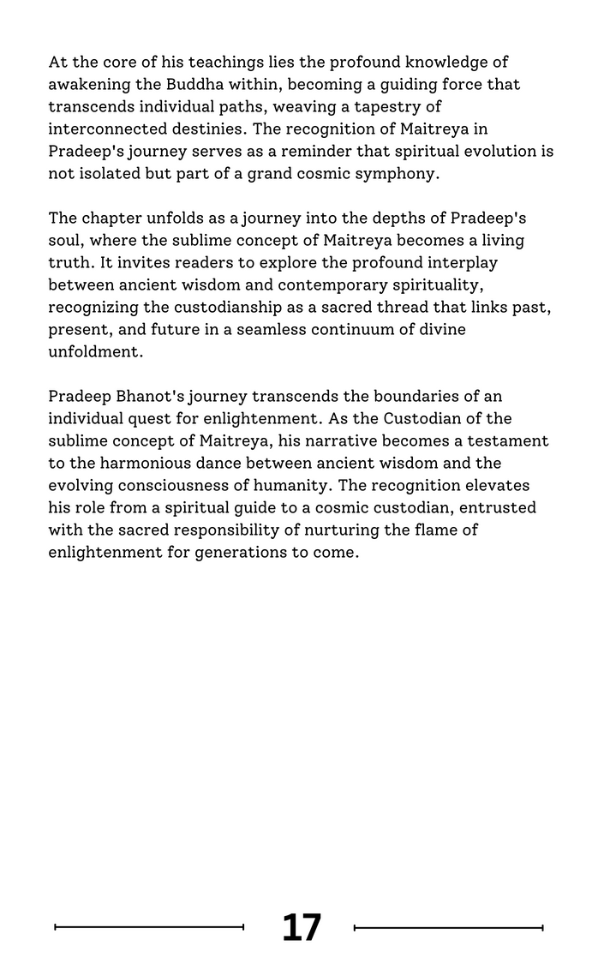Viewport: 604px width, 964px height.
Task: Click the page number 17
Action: coord(302,927)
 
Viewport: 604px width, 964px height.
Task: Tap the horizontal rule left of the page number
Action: coord(149,927)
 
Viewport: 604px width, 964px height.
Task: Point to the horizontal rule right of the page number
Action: coord(448,927)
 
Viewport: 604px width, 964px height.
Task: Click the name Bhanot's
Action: coord(149,397)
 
